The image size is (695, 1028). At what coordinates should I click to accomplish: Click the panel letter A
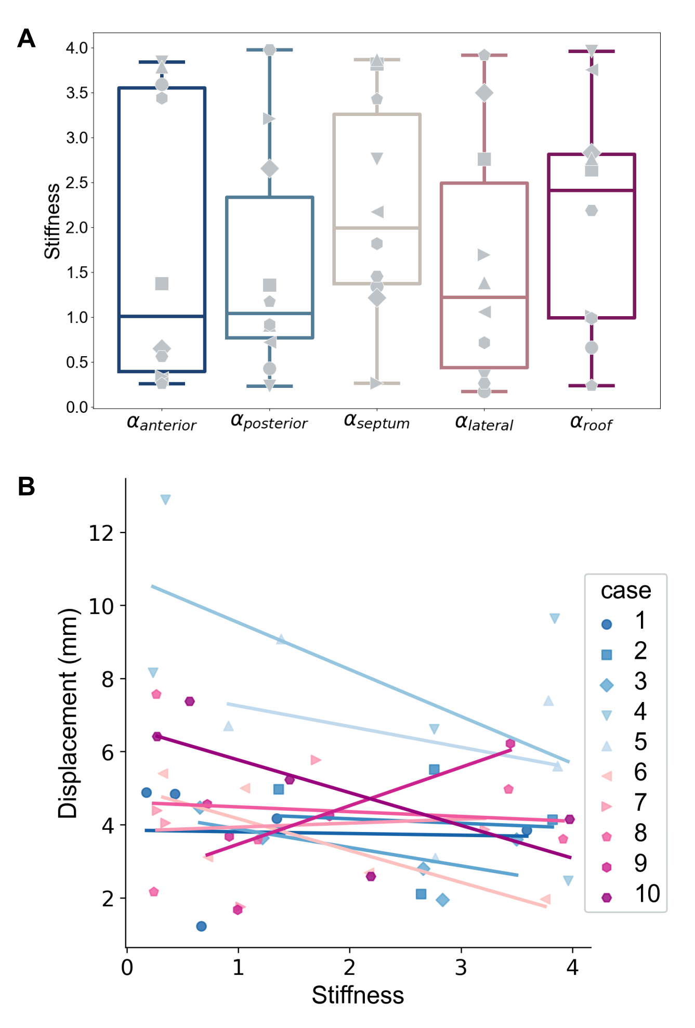(27, 38)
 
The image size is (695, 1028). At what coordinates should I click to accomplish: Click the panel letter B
(27, 487)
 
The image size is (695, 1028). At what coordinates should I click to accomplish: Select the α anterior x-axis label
(162, 423)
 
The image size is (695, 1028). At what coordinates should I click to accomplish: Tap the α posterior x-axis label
(269, 422)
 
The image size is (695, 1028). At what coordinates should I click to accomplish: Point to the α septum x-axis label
(377, 422)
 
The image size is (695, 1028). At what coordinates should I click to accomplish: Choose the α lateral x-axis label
(484, 423)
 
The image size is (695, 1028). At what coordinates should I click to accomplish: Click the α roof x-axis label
(591, 423)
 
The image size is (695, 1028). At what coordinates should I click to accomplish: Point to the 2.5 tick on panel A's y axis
(77, 183)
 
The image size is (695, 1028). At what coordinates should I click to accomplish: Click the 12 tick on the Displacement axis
(101, 533)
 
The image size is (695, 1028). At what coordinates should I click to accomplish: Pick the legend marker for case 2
(606, 655)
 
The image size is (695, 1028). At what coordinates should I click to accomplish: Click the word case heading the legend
(625, 591)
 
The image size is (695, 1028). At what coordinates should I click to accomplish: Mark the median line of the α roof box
(591, 190)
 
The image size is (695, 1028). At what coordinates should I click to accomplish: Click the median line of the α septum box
(377, 228)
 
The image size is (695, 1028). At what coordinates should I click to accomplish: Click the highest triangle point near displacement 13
(165, 500)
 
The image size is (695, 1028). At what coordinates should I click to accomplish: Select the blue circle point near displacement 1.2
(201, 926)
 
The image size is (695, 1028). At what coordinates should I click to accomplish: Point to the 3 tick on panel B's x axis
(461, 967)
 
